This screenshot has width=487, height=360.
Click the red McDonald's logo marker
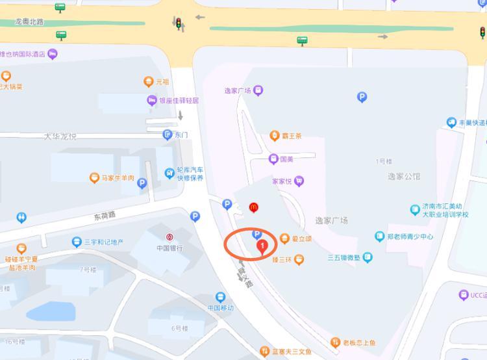click(254, 207)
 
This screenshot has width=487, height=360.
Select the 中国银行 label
click(169, 248)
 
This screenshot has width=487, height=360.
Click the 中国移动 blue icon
click(221, 297)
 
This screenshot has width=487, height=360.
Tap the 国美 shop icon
click(274, 159)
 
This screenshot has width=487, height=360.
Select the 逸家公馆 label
click(404, 176)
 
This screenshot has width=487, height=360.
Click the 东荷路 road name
click(104, 214)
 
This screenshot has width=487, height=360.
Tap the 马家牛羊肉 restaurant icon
click(95, 177)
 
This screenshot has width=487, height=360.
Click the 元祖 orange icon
click(148, 82)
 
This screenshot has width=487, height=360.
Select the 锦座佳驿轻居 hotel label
click(179, 101)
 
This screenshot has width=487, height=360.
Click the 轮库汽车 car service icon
click(169, 174)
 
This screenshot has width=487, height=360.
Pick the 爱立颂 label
click(301, 238)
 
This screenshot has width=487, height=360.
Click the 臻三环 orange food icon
click(299, 260)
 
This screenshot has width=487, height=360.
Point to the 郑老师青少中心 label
click(410, 237)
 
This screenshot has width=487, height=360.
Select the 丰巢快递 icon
click(452, 122)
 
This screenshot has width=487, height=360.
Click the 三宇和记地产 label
click(104, 242)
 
